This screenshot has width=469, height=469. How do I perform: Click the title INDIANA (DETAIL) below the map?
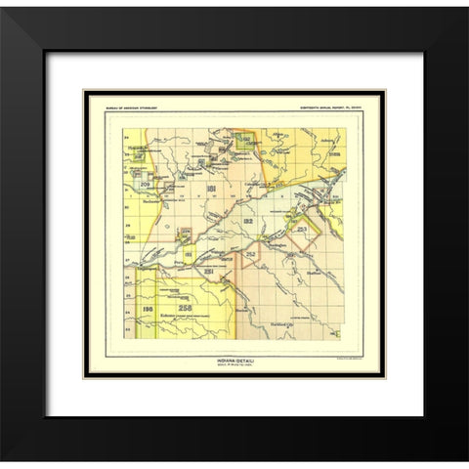234,360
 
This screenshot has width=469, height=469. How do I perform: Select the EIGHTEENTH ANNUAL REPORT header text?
332,106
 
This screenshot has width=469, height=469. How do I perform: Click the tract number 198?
147,311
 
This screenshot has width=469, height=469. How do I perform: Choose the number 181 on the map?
209,188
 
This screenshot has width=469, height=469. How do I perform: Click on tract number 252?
251,255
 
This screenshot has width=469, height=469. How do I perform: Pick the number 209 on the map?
145,183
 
